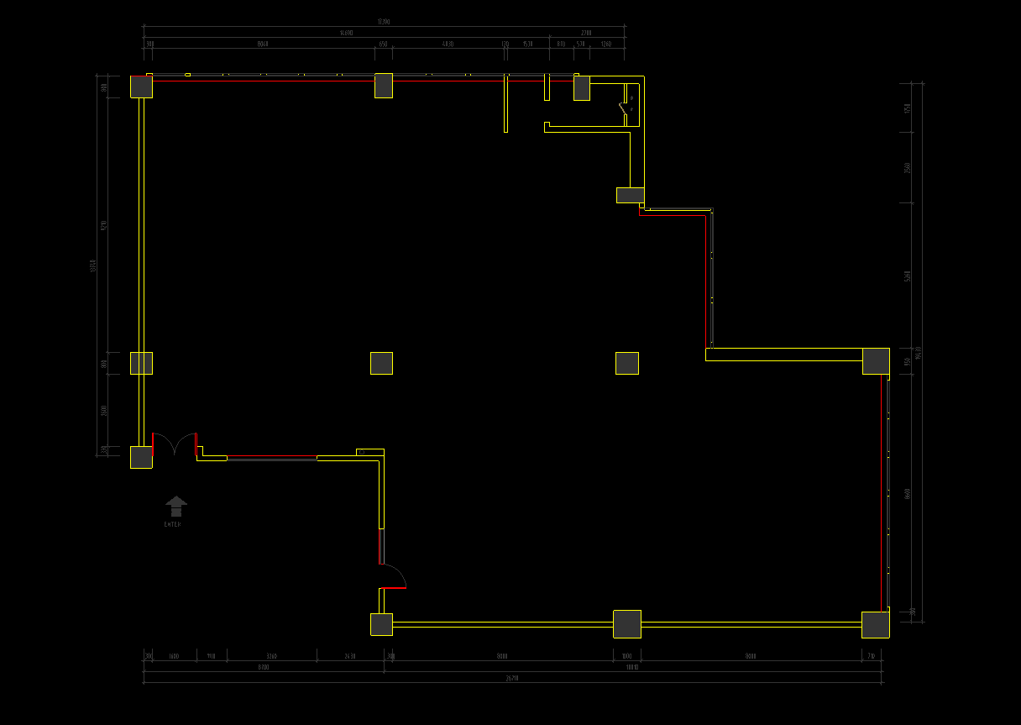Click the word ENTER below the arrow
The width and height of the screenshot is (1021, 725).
172,524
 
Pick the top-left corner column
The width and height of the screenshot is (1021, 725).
141,87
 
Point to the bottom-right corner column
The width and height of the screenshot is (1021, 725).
875,624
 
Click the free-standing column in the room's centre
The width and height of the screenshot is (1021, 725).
381,363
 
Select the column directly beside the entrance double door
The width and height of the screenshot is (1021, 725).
141,457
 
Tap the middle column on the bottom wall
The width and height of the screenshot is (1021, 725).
626,624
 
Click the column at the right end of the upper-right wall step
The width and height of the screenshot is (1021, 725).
876,361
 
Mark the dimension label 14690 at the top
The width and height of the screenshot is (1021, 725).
346,33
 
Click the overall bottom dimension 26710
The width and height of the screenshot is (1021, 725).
511,677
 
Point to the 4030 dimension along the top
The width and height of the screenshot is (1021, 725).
448,44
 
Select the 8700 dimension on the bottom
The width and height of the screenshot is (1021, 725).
263,667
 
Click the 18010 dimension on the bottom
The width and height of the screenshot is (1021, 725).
632,667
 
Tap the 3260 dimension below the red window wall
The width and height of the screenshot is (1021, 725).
271,656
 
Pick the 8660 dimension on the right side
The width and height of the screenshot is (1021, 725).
908,494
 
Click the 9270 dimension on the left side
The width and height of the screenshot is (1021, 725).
104,225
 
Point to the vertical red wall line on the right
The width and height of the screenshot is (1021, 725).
705,281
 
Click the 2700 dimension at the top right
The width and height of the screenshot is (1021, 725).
585,33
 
